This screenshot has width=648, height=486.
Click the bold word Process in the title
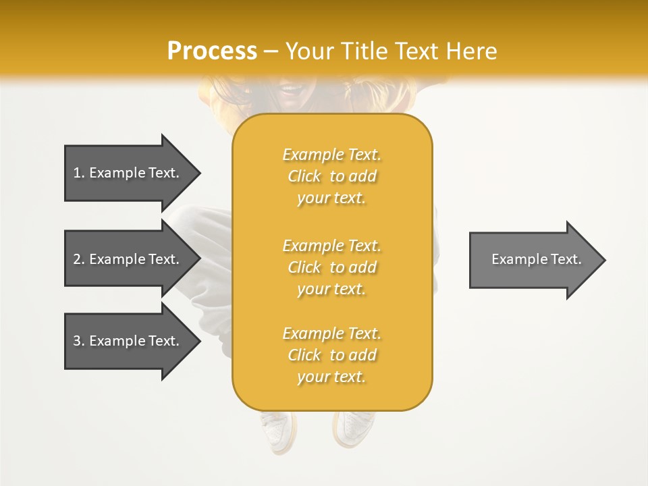click(x=212, y=51)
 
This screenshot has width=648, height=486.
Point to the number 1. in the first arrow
click(x=79, y=173)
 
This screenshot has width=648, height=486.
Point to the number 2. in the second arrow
click(x=79, y=259)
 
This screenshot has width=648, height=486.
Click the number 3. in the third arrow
click(x=79, y=341)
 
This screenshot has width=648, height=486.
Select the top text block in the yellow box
click(x=331, y=176)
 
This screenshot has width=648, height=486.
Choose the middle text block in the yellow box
click(x=331, y=267)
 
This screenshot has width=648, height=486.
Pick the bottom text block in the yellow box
click(x=331, y=355)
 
